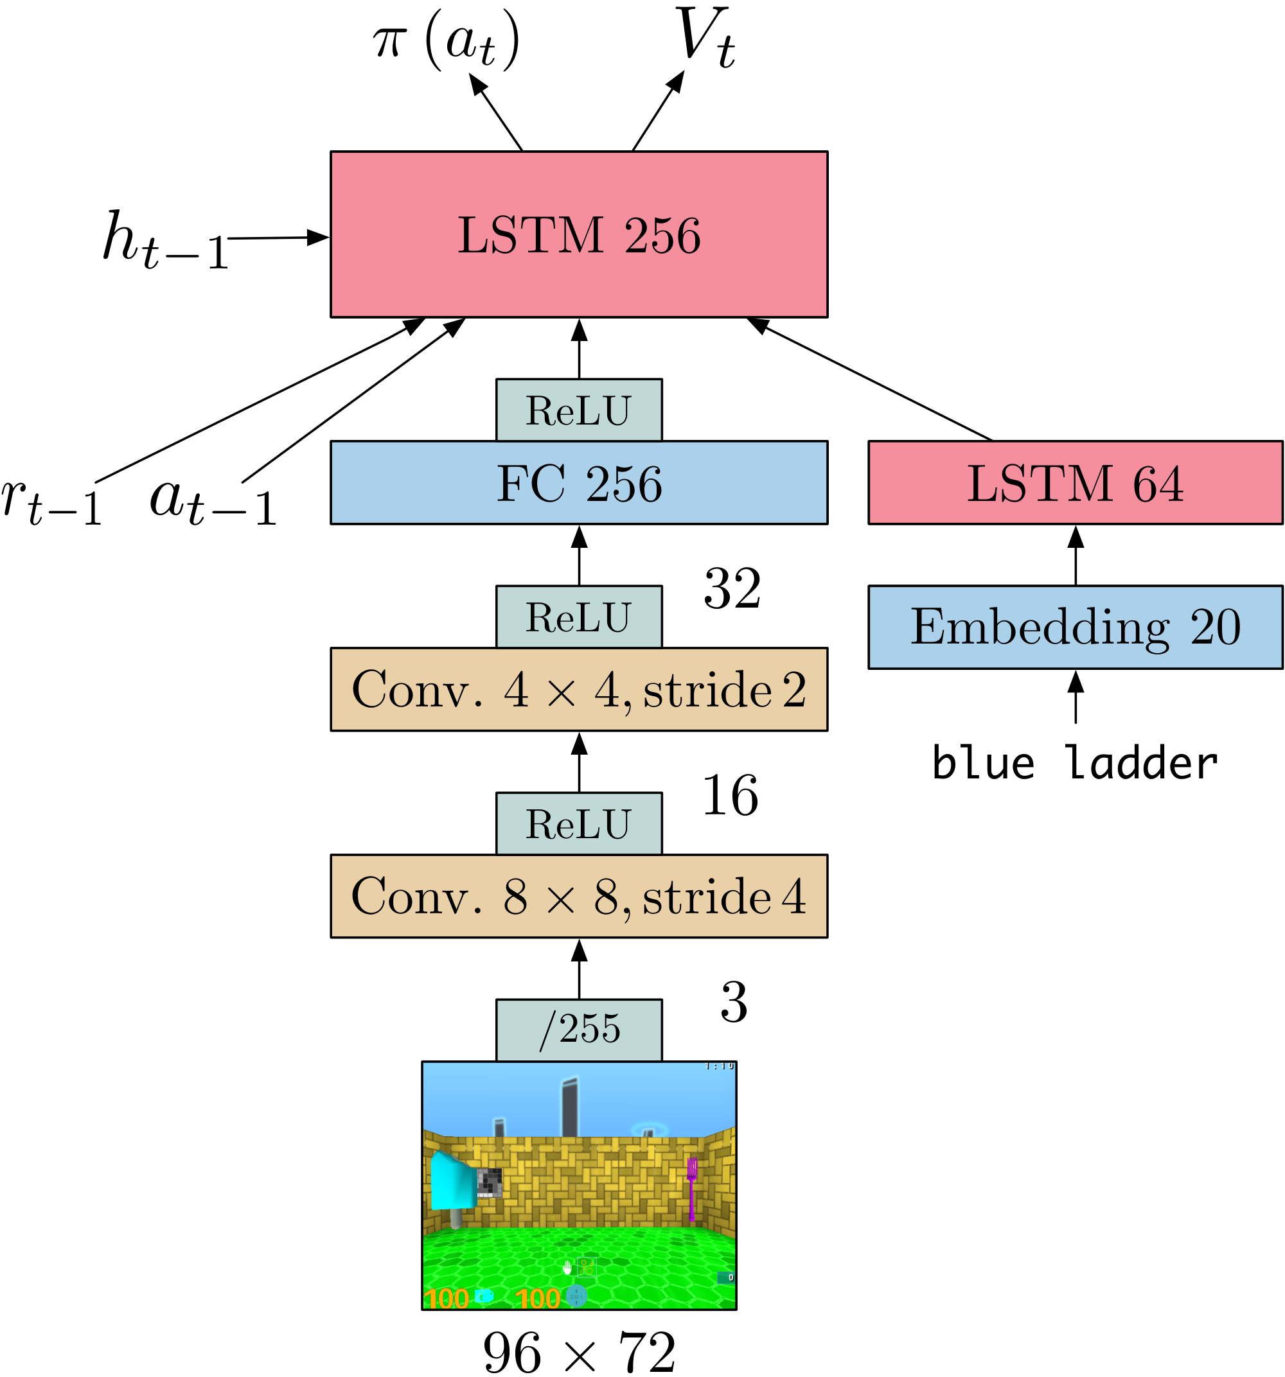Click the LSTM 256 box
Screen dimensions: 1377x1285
pos(579,234)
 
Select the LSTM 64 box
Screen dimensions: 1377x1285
pos(1075,483)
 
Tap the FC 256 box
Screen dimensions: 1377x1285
pos(579,483)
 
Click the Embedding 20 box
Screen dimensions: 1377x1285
pos(1075,627)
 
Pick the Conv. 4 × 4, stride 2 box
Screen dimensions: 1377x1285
pos(579,689)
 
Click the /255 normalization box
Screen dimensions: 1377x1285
pos(579,1030)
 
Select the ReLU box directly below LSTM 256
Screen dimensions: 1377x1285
pos(579,410)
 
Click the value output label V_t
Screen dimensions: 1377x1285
pos(704,38)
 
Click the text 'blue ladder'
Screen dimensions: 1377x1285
pos(1074,763)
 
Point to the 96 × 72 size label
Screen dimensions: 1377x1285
pos(579,1352)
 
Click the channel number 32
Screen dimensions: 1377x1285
pos(732,589)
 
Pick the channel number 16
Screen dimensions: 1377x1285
pos(731,795)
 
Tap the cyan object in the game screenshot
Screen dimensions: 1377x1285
pos(452,1180)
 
